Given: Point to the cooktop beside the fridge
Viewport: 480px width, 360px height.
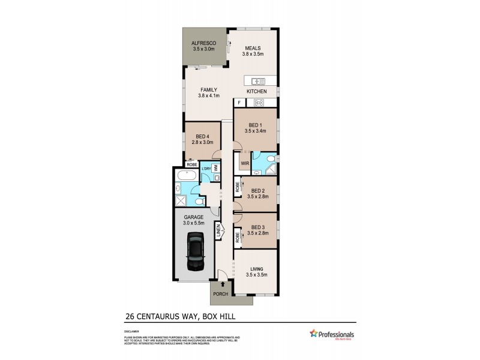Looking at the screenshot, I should pyautogui.click(x=259, y=103).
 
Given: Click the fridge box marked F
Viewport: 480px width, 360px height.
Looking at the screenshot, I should pyautogui.click(x=238, y=103).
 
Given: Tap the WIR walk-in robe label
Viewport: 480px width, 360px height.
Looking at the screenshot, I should pyautogui.click(x=244, y=162).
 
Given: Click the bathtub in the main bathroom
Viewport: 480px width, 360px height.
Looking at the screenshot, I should pyautogui.click(x=184, y=176).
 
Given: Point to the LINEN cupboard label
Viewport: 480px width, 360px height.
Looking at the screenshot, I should pyautogui.click(x=219, y=231).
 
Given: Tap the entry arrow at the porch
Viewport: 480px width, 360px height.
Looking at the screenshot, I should pyautogui.click(x=224, y=285).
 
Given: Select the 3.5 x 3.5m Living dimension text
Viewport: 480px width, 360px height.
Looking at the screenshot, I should pyautogui.click(x=256, y=275).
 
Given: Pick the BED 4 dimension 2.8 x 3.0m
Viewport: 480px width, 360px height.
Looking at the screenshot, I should pyautogui.click(x=201, y=143).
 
